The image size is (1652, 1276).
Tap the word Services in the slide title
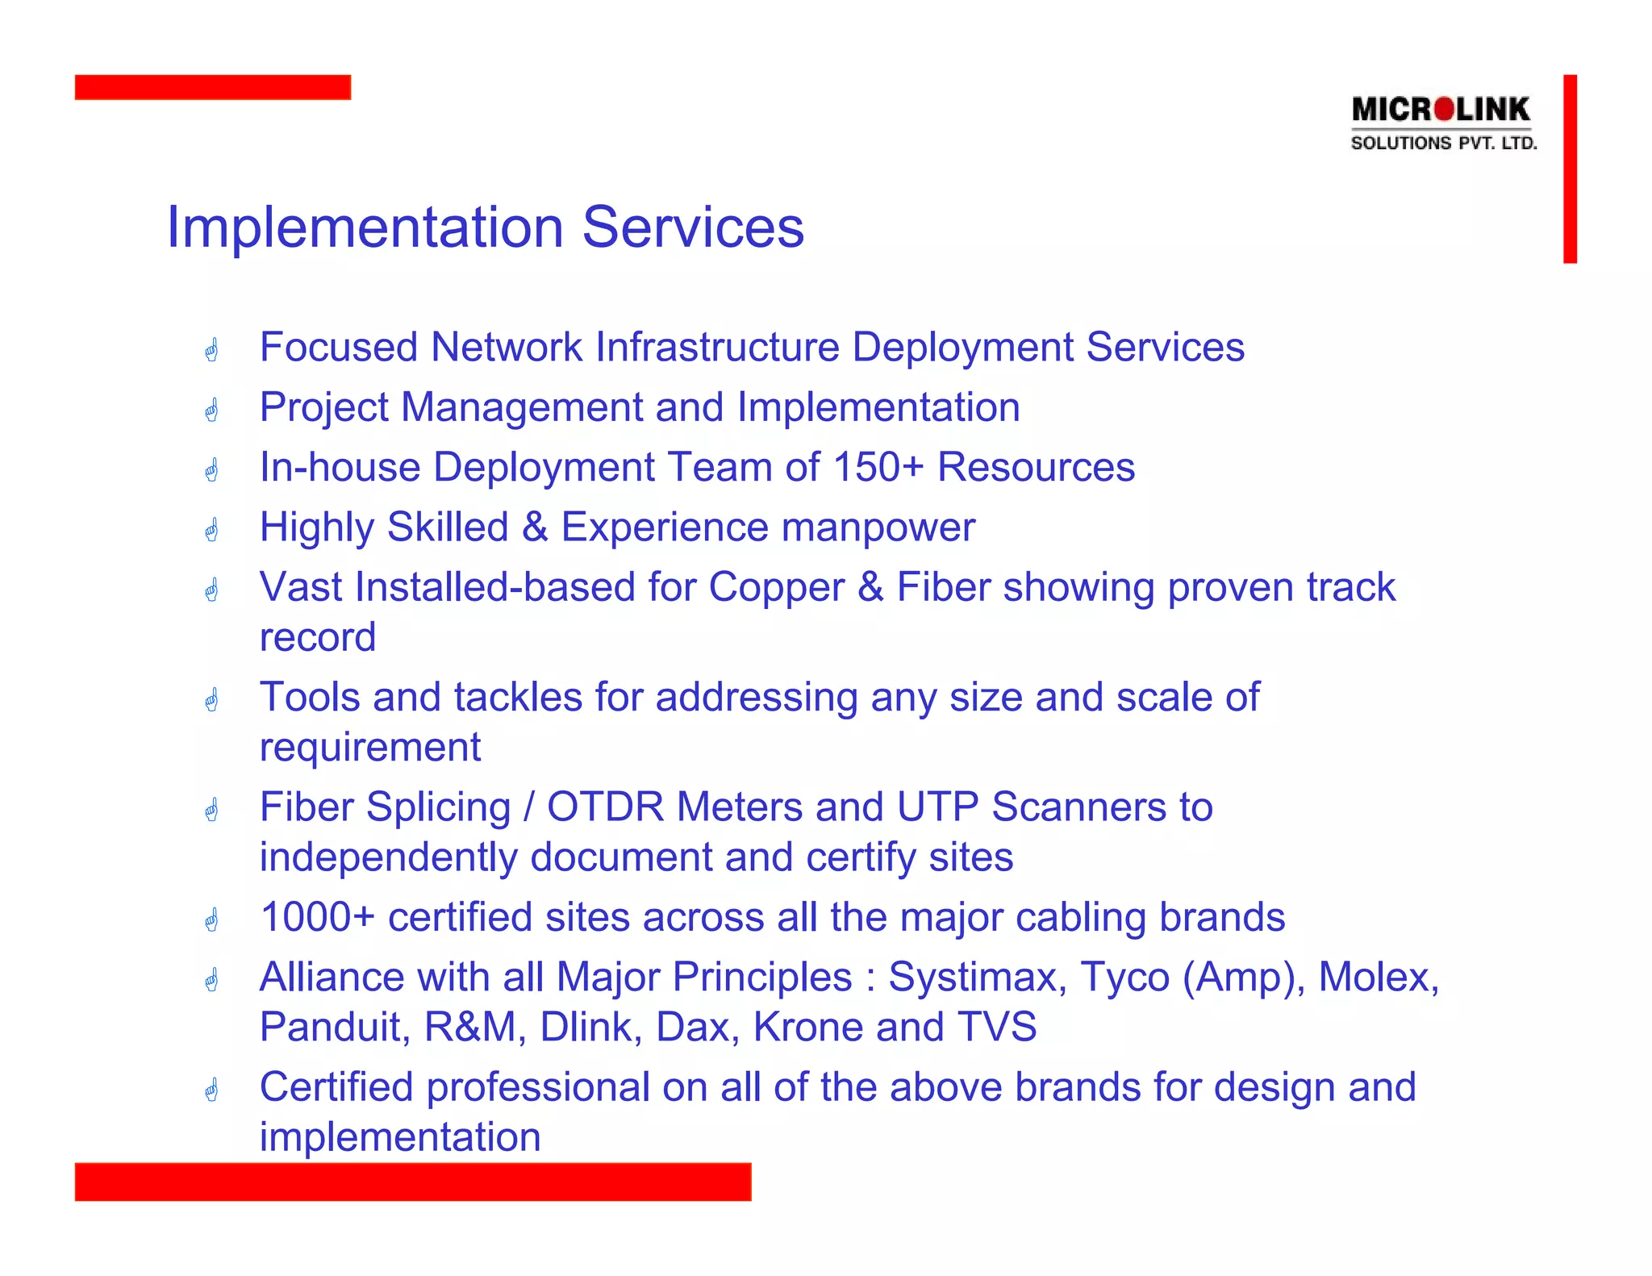tap(693, 227)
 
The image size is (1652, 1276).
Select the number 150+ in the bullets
tap(878, 467)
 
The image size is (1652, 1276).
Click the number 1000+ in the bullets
tap(317, 917)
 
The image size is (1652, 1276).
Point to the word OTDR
tap(605, 807)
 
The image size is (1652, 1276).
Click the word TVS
tap(997, 1027)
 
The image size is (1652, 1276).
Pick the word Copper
tap(776, 587)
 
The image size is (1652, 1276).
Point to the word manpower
tap(878, 528)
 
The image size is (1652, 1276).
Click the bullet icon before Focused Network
tap(211, 350)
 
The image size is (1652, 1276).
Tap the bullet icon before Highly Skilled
tap(211, 530)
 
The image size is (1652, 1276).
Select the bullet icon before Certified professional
tap(211, 1090)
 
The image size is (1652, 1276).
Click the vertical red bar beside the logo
tap(1569, 169)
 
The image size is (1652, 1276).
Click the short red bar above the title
tap(212, 87)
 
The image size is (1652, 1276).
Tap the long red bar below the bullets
tap(412, 1181)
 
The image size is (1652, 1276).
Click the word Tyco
tap(1124, 977)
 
